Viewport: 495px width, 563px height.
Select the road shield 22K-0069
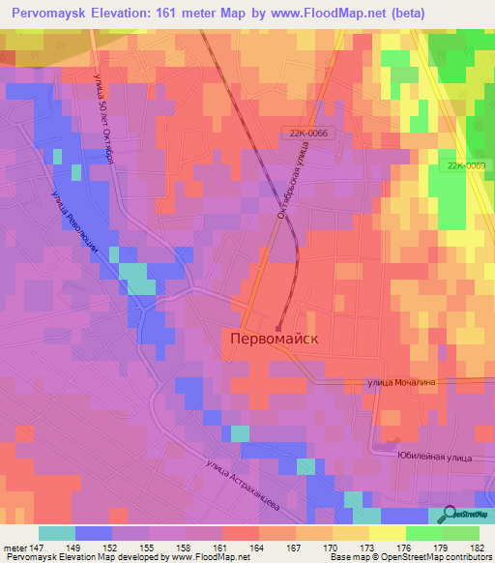(x=466, y=165)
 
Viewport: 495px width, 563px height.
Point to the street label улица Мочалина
(x=402, y=383)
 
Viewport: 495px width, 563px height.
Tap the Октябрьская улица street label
(x=293, y=180)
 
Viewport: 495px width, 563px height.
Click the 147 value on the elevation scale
(x=39, y=548)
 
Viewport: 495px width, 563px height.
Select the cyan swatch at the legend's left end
(x=57, y=533)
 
